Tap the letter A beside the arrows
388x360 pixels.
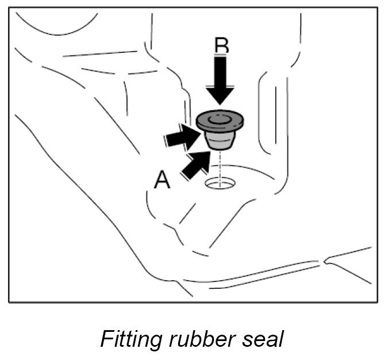point(162,181)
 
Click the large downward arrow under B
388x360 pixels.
point(221,80)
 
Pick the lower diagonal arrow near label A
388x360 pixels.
point(194,163)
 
